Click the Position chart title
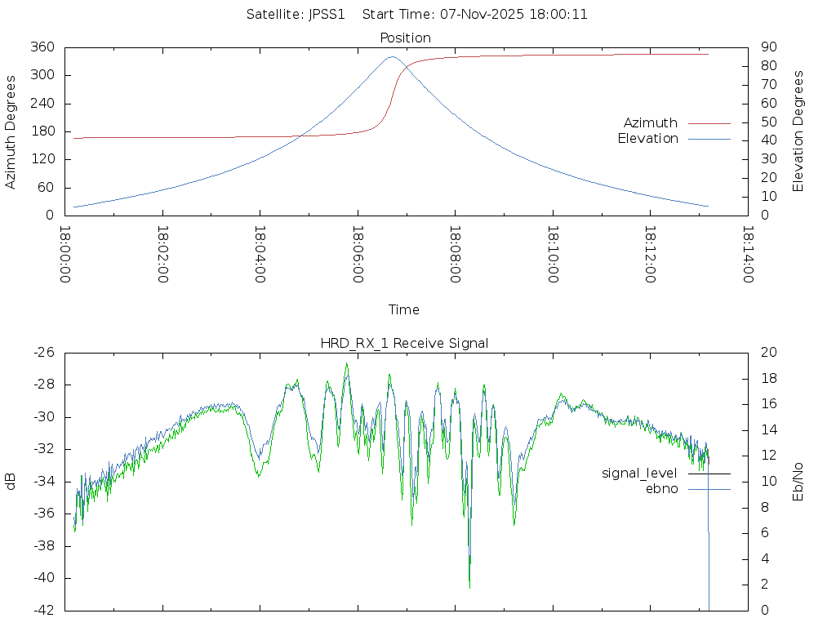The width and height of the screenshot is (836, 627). click(x=406, y=38)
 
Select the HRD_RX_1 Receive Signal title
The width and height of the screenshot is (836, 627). click(x=404, y=343)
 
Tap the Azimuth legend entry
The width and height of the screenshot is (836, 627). click(x=651, y=123)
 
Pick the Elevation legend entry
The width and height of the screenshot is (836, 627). click(x=648, y=139)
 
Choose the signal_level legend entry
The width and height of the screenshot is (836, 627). click(x=640, y=474)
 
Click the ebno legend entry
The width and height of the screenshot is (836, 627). click(x=662, y=488)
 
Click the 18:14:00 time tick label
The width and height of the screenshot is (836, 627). click(x=749, y=255)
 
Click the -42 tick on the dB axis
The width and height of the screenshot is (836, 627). click(x=43, y=610)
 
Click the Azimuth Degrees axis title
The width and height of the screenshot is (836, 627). click(x=11, y=131)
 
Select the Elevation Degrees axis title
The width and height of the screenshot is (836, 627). click(x=799, y=131)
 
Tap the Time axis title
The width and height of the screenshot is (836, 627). click(x=404, y=310)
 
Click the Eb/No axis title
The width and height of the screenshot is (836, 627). click(x=799, y=482)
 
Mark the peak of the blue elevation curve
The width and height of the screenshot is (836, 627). click(x=392, y=56)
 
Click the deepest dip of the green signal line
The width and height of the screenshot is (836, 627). click(x=469, y=587)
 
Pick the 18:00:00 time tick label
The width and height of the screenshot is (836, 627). click(x=66, y=255)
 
